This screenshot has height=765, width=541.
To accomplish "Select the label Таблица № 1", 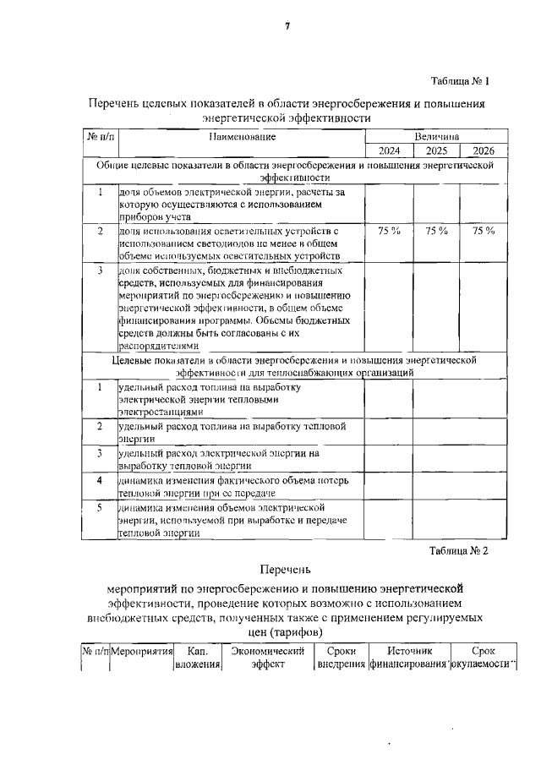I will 460,82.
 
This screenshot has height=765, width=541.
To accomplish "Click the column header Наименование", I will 243,136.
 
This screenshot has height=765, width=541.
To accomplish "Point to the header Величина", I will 436,136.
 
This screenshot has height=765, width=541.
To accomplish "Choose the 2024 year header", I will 389,150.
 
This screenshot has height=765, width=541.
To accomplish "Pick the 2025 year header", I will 436,150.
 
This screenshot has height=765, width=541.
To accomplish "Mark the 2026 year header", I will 484,150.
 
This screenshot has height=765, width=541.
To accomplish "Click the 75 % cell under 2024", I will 389,230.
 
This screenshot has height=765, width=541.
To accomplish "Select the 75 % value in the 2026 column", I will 484,230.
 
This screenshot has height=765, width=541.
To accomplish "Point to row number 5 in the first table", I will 100,507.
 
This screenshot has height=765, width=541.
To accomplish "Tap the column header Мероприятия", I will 142,652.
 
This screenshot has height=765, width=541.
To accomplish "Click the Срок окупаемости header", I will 483,658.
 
